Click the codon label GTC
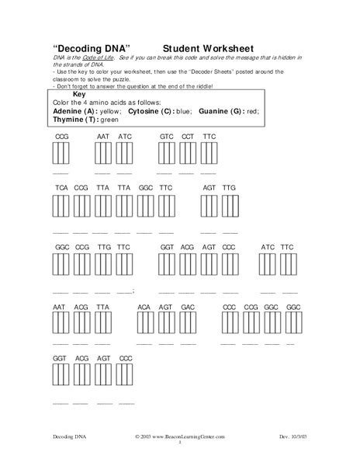[x=166, y=136]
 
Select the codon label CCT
[x=188, y=136]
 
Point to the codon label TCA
[x=61, y=188]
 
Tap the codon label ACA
[x=144, y=308]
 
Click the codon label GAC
[x=187, y=308]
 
